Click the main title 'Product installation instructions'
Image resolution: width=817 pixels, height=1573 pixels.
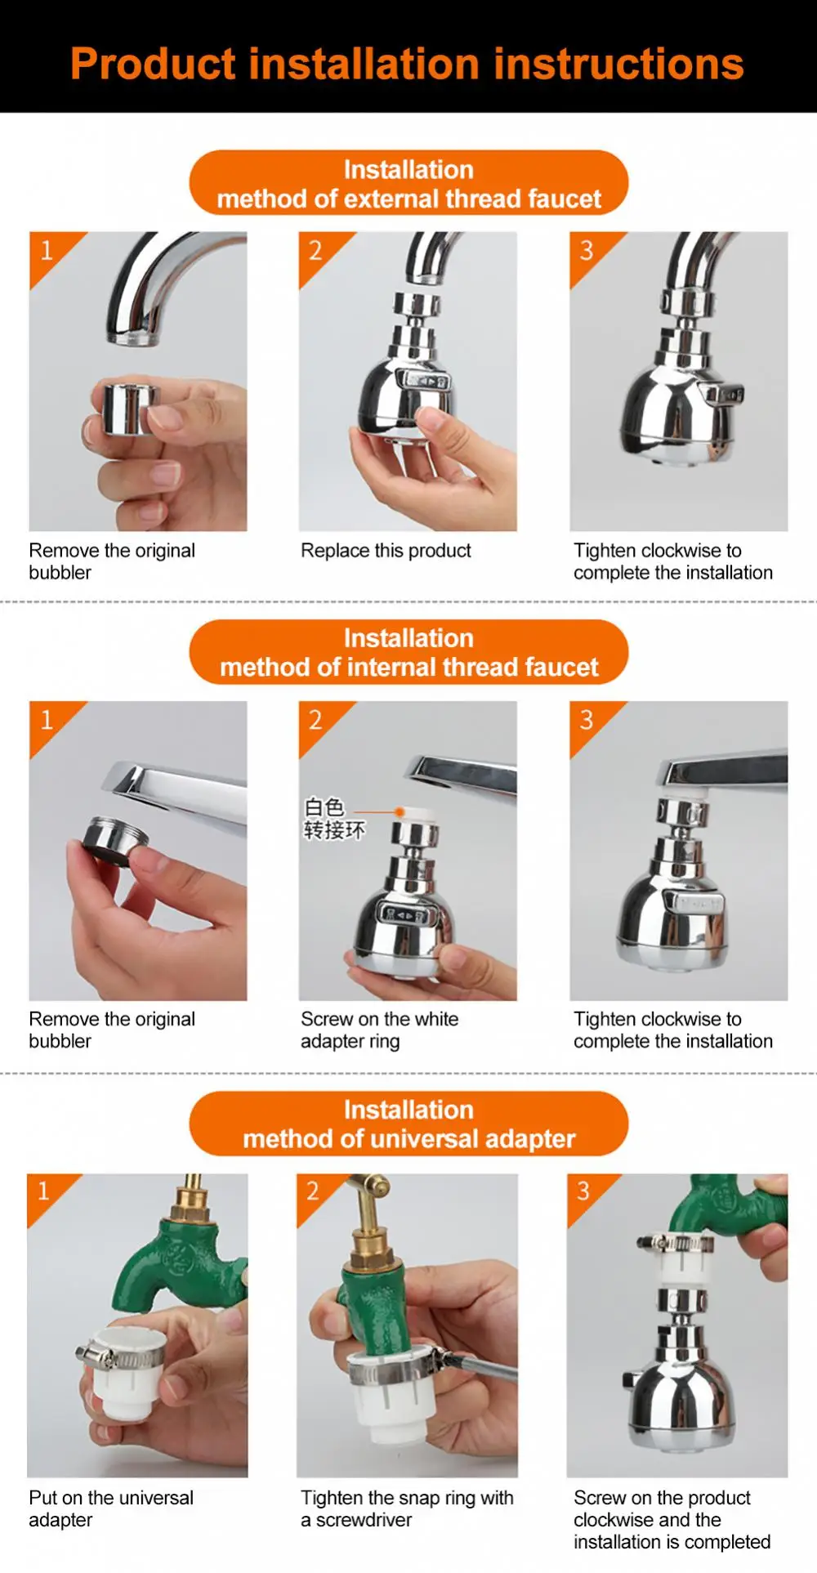click(407, 64)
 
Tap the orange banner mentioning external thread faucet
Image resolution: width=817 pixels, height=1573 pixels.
click(408, 183)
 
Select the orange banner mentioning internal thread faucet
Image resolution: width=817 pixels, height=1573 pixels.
click(408, 652)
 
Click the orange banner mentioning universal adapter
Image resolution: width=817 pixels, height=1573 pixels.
click(408, 1124)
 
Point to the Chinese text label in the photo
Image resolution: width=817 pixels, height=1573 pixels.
click(333, 819)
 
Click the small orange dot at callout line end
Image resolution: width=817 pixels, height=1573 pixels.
click(400, 811)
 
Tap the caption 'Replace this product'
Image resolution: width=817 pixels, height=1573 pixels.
click(386, 551)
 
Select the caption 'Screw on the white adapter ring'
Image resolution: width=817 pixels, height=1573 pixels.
click(379, 1030)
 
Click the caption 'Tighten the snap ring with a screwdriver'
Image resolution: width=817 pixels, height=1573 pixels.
click(407, 1508)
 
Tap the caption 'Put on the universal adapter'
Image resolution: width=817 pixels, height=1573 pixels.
click(111, 1508)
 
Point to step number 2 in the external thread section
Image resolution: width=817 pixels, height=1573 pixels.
click(315, 250)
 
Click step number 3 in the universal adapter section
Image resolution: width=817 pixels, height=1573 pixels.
click(583, 1191)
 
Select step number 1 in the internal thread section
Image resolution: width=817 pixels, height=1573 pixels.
click(47, 719)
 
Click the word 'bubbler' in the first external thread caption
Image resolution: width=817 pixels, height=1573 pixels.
click(60, 573)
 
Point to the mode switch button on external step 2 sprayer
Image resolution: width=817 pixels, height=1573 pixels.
click(423, 381)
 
